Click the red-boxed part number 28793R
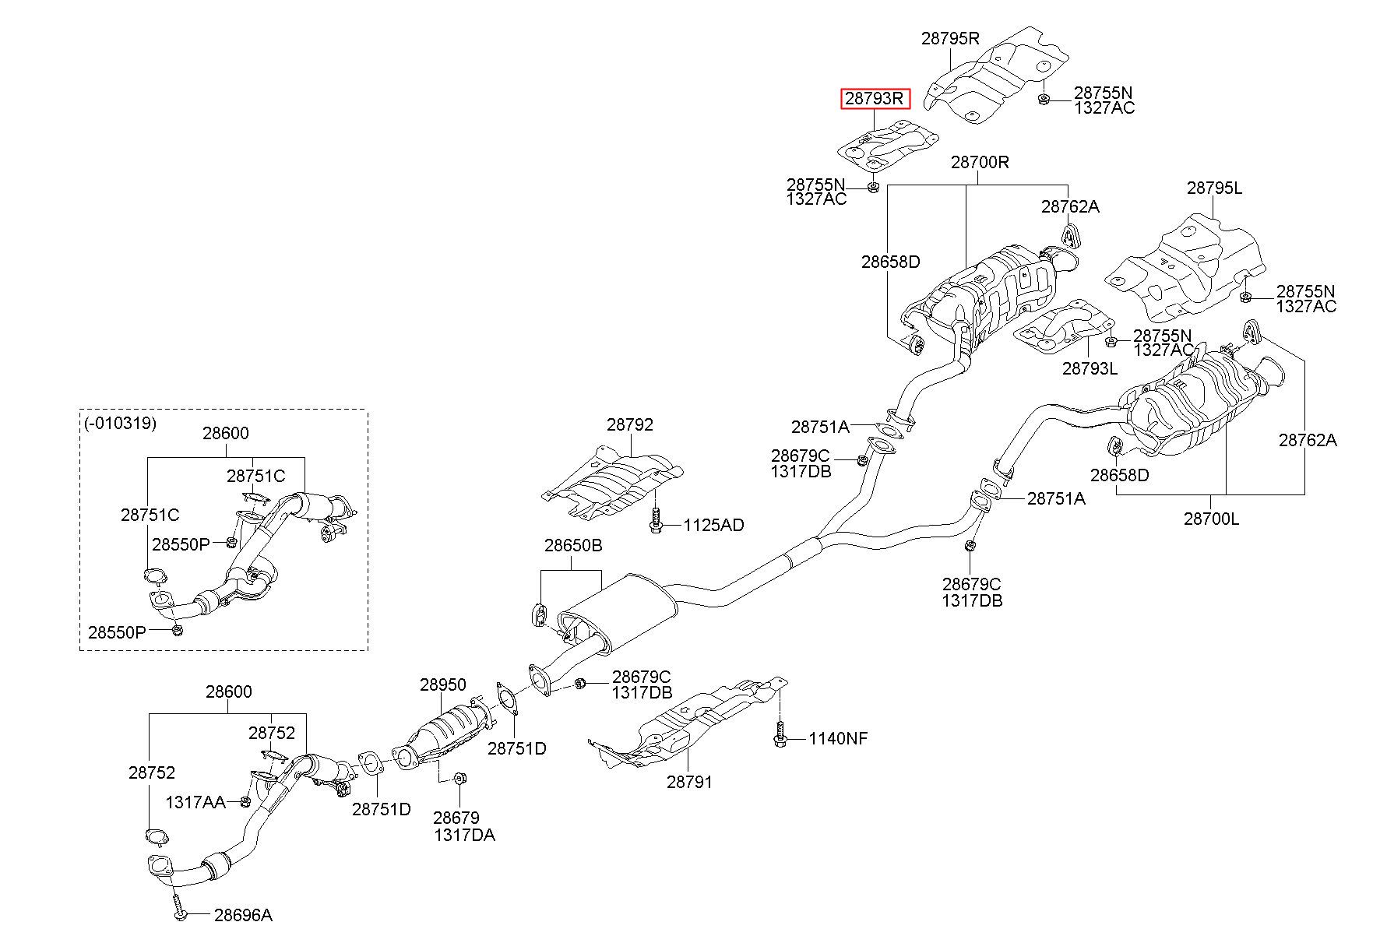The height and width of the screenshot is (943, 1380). tap(875, 99)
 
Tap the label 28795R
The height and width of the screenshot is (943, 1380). tap(950, 38)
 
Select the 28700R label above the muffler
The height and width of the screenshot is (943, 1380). tap(980, 163)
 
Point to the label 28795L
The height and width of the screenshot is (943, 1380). tap(1214, 188)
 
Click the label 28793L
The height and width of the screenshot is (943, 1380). tap(1090, 368)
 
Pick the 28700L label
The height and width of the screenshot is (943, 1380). tap(1211, 518)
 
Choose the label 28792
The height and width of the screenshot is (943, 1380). tap(630, 425)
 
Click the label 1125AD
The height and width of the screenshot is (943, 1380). tap(713, 526)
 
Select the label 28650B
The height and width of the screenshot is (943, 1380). tap(573, 546)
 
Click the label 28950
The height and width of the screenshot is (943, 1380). tap(442, 685)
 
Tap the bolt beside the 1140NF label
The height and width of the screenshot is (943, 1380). tap(780, 736)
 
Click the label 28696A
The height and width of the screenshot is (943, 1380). tap(243, 916)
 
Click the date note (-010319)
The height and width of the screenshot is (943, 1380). tap(120, 424)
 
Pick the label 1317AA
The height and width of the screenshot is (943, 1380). tap(195, 802)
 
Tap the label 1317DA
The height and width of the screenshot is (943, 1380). tap(464, 836)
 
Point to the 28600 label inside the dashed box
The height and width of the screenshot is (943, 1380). tap(226, 434)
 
